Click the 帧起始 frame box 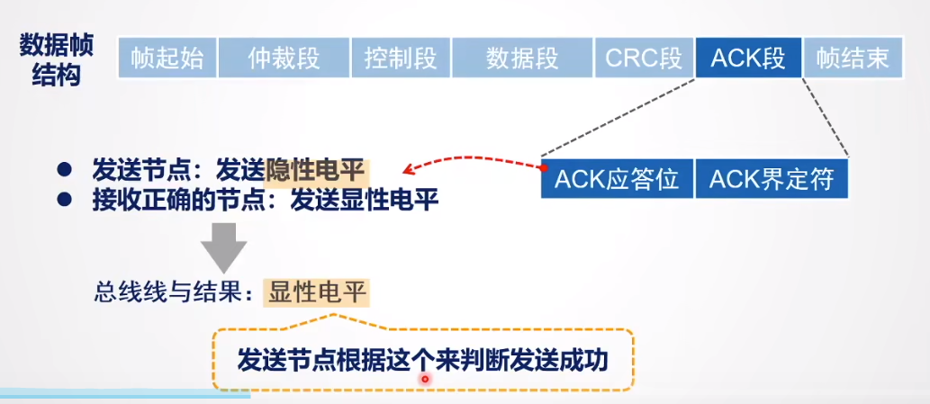coord(167,59)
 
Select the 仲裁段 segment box coord(284,59)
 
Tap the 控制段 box coord(401,59)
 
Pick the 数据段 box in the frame coord(522,59)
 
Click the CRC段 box coord(644,59)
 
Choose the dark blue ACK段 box coord(748,59)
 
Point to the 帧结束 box coord(853,59)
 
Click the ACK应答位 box coord(617,179)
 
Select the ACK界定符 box coord(772,179)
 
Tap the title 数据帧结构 coord(56,59)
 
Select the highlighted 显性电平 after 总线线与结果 coord(318,292)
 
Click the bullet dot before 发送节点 coord(64,169)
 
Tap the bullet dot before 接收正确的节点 coord(64,199)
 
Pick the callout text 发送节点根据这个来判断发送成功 coord(422,360)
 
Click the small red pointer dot coord(425,380)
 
